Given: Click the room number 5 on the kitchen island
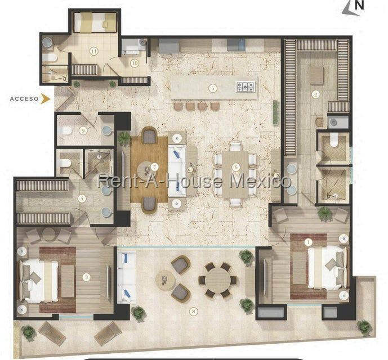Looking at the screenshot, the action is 212,88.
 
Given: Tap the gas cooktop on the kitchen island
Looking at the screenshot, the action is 246,87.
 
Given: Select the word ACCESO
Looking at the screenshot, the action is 24,99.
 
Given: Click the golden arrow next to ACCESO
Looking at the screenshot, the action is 46,98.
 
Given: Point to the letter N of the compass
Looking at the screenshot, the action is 359,6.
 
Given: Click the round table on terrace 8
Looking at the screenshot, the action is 218,280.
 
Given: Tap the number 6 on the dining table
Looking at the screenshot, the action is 236,168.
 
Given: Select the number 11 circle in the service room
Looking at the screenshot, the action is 93,51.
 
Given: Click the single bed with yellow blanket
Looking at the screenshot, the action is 95,22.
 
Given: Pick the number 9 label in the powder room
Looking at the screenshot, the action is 83,130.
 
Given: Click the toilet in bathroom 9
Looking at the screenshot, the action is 65,130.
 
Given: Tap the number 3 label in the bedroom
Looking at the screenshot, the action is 86,277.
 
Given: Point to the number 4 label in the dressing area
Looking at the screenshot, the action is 82,199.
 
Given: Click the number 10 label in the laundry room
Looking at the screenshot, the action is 135,63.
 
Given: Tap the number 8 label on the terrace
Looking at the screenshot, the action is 193,312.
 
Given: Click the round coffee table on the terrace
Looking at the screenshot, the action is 166,280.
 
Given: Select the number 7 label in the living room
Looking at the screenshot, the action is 155,168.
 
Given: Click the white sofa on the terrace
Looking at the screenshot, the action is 127,277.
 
